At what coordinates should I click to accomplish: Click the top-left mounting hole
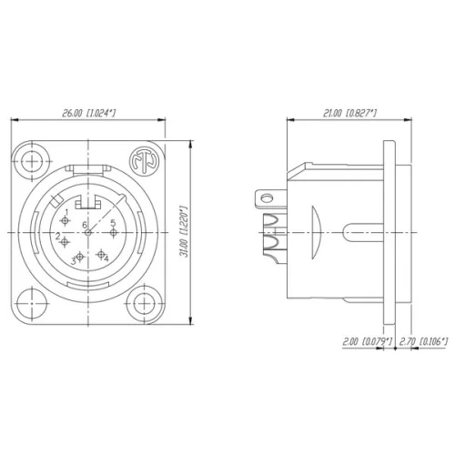(x=35, y=155)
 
